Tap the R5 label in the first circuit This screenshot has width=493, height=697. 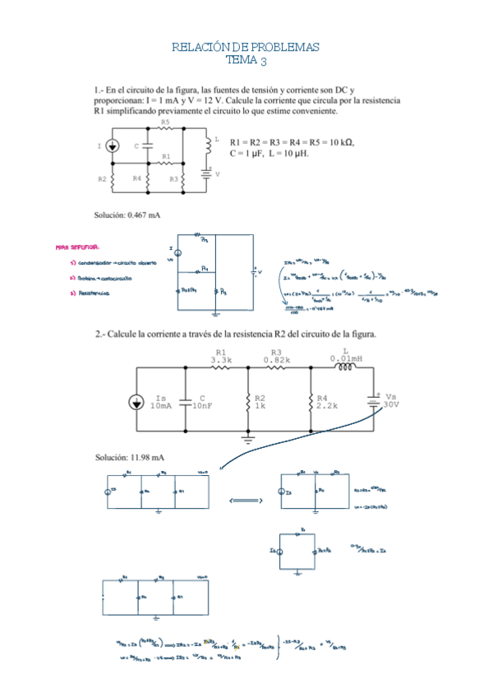tap(165, 122)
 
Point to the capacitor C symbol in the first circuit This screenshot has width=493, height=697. tap(147, 145)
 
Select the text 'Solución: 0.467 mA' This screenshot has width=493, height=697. tap(127, 215)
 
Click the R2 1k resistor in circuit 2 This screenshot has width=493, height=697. tap(247, 402)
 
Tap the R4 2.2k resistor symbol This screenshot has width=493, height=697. tap(311, 402)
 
